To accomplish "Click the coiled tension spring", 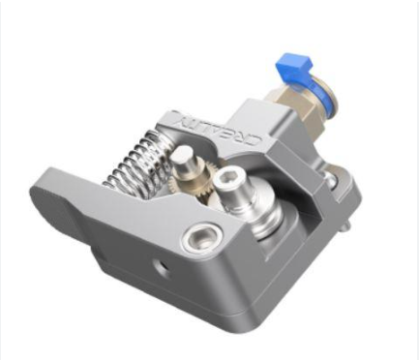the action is pos(137,163).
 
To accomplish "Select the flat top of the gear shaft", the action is pos(182,154).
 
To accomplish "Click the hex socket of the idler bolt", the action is pos(224,176).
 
